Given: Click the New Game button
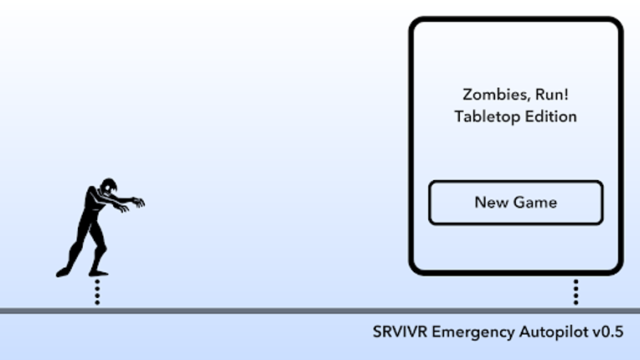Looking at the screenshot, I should coord(515,203).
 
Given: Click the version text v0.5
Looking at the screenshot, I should coord(609,332).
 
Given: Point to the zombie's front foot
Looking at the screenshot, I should coord(99,272).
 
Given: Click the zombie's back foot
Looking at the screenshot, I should coord(62,272).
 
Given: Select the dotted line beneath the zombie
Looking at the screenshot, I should coord(97,292).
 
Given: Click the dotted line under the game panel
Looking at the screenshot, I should coord(576,292).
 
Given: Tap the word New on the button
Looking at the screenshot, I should coord(489,203).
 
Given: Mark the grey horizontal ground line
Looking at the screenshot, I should coord(251,311).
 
